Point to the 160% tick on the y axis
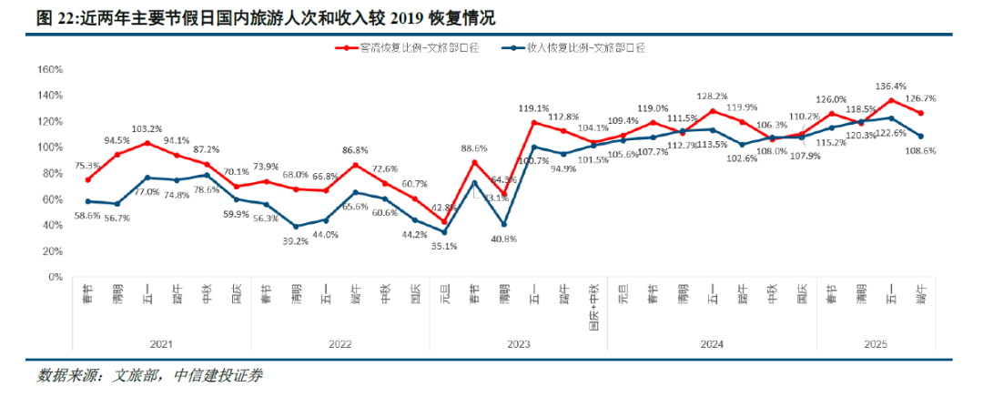click(x=48, y=69)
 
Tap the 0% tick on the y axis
click(x=54, y=277)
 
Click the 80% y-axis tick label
click(x=51, y=173)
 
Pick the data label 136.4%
click(x=891, y=87)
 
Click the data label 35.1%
click(x=444, y=246)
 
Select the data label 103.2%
click(x=147, y=128)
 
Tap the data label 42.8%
click(x=445, y=208)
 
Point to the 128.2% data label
click(x=713, y=96)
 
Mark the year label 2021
click(x=162, y=344)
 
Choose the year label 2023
click(x=518, y=344)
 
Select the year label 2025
click(x=876, y=344)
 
